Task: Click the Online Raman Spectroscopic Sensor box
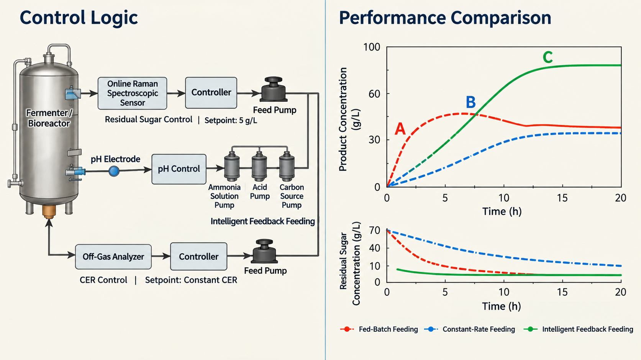tap(132, 93)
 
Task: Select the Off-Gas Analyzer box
tap(113, 257)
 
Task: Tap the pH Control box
tap(179, 169)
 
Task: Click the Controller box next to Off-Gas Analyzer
tap(198, 257)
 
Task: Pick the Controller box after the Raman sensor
tap(211, 93)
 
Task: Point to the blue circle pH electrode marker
tap(114, 171)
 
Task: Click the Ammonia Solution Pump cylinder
tap(232, 167)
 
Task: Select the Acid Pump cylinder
tap(259, 167)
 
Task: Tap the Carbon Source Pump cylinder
tap(287, 167)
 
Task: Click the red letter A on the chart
tap(400, 129)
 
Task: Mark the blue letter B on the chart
tap(471, 102)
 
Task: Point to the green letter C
tap(548, 57)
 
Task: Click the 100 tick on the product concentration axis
tap(372, 47)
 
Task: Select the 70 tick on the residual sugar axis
tap(374, 230)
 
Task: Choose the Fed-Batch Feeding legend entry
tap(379, 329)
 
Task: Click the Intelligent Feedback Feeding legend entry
tap(579, 329)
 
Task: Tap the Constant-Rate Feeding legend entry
tap(470, 329)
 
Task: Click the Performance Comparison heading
tap(445, 18)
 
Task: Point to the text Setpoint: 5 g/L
tap(231, 120)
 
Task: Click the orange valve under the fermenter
tap(49, 212)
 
